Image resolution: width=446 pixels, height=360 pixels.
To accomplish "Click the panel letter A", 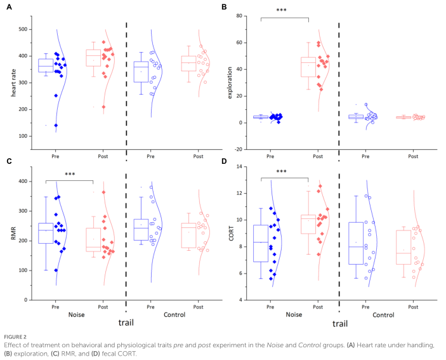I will pos(10,7).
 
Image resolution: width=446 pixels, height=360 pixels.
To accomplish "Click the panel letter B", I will pos(224,7).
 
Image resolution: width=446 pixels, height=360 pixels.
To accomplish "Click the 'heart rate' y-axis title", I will pos(13,82).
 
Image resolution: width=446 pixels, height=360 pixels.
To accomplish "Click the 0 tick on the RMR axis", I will pos(27,300).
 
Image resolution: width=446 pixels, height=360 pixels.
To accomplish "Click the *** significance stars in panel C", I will pos(70,174).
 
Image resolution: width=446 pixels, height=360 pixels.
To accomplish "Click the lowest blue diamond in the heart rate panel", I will pos(56,125).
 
